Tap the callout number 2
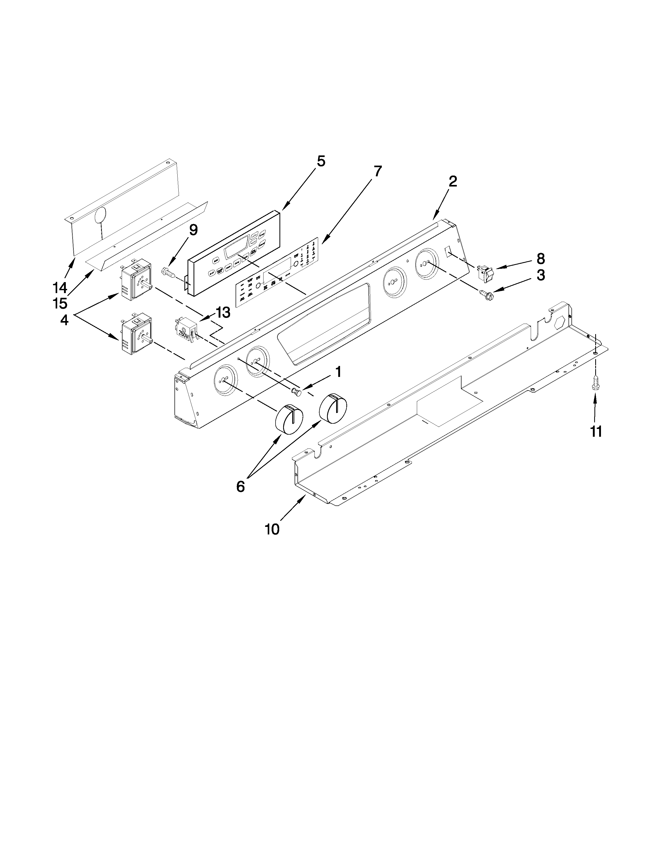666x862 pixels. (x=453, y=181)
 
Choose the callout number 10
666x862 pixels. (x=272, y=529)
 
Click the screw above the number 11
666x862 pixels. (x=595, y=383)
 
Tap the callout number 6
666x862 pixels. (x=240, y=487)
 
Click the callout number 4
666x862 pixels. (x=64, y=320)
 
